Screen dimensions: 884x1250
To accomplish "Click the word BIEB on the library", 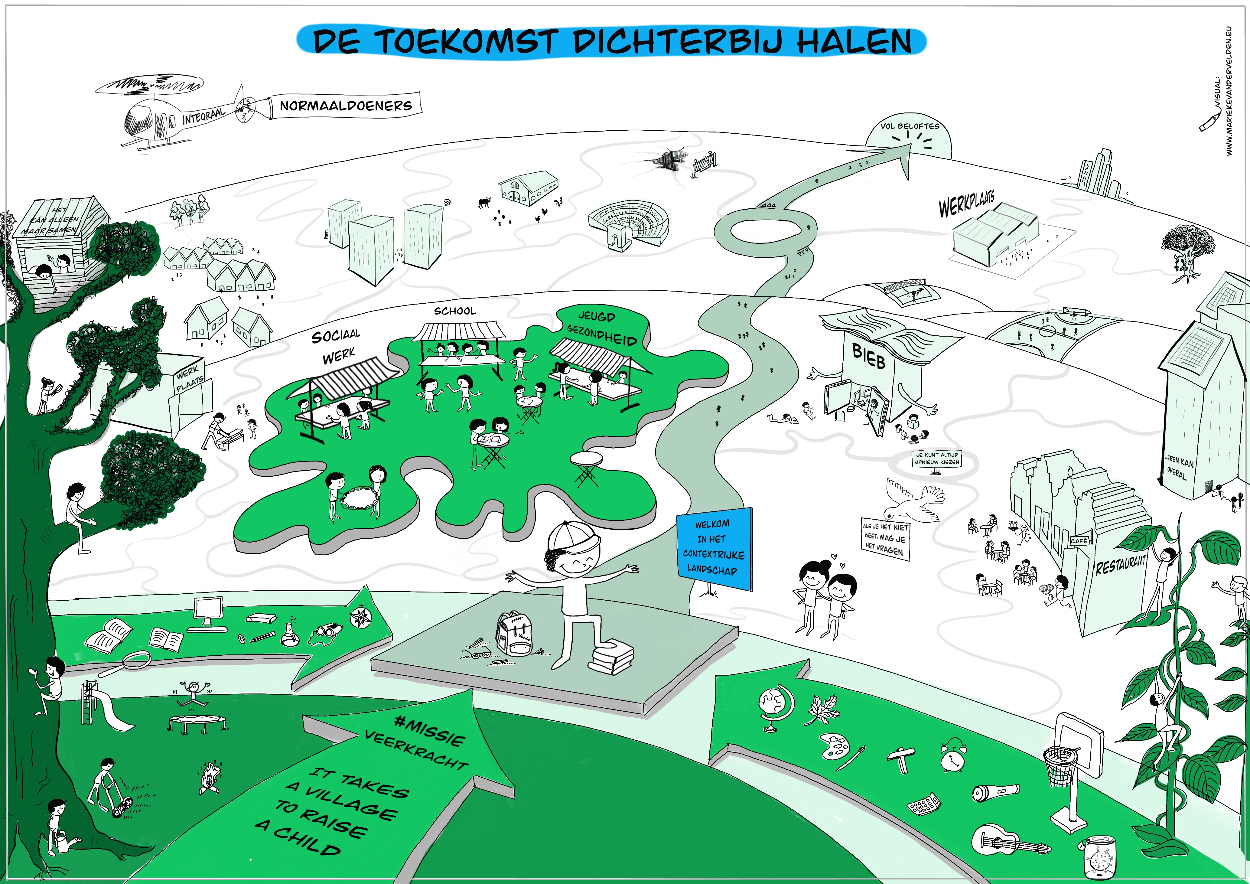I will [869, 357].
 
